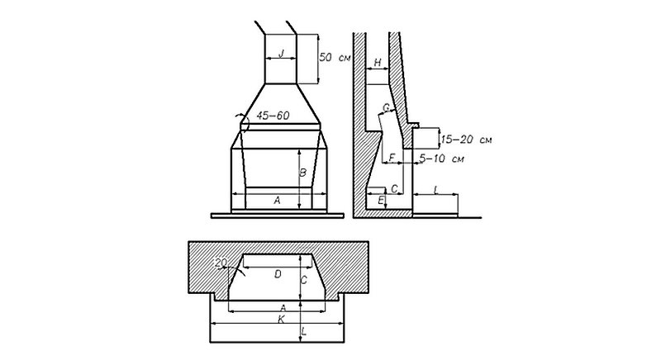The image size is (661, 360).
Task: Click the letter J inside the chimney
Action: (x=282, y=54)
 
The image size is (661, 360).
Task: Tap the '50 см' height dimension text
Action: (x=335, y=57)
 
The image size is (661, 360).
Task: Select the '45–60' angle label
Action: (x=273, y=116)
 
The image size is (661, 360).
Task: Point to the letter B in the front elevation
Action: (x=302, y=173)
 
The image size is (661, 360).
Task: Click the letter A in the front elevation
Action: (x=277, y=201)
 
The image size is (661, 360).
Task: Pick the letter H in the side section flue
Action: (x=378, y=63)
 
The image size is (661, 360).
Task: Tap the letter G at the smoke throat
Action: (x=386, y=108)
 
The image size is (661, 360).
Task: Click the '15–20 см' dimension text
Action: (x=466, y=140)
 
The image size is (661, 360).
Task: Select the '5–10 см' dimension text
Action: (x=442, y=159)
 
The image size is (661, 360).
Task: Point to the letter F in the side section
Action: (x=392, y=158)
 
